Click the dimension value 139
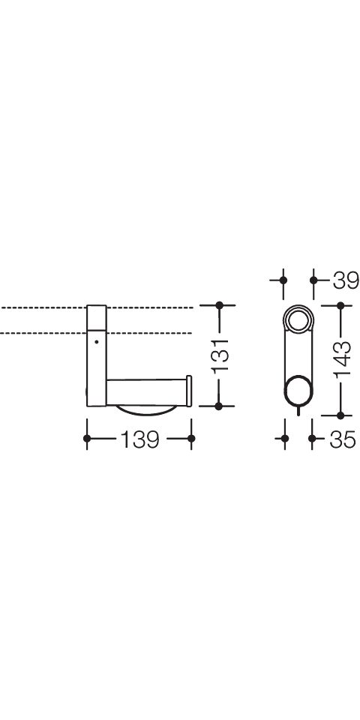point(139,439)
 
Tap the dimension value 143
point(342,361)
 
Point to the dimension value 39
point(346,280)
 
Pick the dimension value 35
point(343,439)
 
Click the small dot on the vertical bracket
point(97,342)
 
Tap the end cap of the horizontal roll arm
point(189,391)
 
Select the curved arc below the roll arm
point(145,410)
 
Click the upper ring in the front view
point(298,318)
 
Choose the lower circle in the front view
point(299,391)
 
